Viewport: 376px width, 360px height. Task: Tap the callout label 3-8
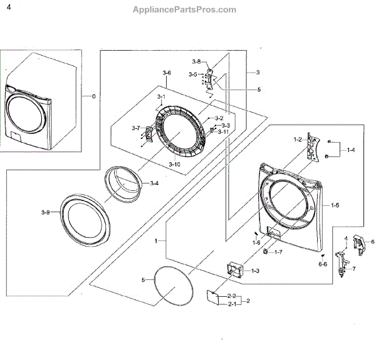coord(196,61)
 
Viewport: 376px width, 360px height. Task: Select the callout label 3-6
coord(167,74)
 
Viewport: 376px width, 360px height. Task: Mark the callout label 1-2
coord(298,138)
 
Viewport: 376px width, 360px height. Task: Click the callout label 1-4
coord(351,150)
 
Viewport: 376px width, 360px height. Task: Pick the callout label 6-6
coord(323,264)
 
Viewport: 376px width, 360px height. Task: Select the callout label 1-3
coord(255,270)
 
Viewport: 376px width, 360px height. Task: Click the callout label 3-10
coord(174,164)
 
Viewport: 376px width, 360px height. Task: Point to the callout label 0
coord(94,96)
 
